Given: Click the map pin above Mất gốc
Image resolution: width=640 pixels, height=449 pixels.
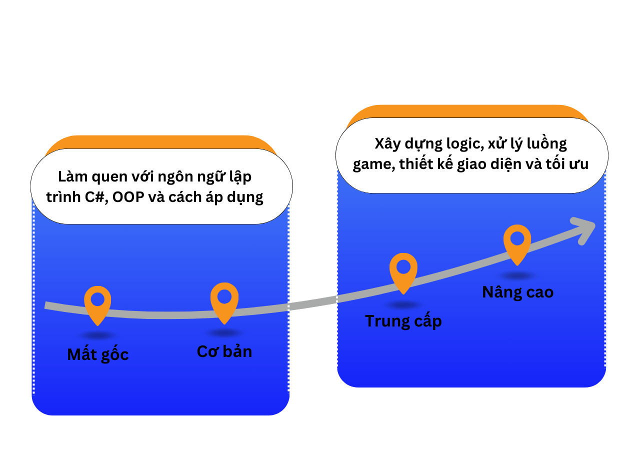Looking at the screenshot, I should click(x=97, y=303).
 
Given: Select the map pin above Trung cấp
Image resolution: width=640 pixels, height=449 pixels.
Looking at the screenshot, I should click(x=403, y=270).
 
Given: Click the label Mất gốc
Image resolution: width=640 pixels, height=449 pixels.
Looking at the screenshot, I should click(x=98, y=354).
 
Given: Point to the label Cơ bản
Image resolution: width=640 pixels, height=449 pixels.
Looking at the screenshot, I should click(x=224, y=351).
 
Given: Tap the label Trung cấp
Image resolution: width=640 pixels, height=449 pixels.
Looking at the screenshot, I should click(x=403, y=321).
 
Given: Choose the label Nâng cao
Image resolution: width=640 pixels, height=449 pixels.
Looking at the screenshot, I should click(x=517, y=292).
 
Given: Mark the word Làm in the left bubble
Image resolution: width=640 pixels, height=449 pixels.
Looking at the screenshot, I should click(x=71, y=177).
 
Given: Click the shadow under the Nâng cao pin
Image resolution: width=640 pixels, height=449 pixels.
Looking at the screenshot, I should click(x=517, y=275).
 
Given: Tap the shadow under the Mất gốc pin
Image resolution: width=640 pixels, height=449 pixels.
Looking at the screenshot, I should click(x=98, y=335).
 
